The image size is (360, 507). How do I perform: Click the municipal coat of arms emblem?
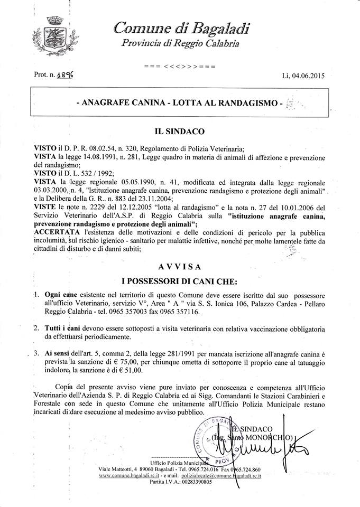52,35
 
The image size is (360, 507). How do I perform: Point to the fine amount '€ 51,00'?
160,372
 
